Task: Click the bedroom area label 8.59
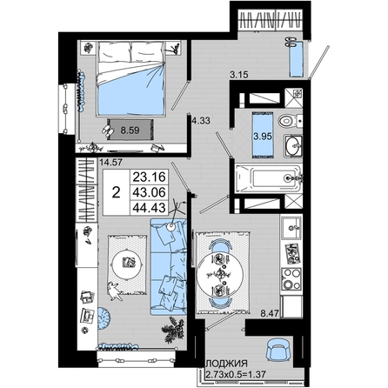[x=130, y=130]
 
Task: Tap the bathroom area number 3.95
[x=263, y=136]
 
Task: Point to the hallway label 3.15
[x=239, y=75]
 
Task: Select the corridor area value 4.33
[x=201, y=120]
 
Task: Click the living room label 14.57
[x=110, y=163]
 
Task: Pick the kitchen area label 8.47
[x=270, y=313]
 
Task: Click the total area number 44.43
[x=150, y=208]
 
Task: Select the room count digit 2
[x=116, y=192]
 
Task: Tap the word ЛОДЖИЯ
[x=226, y=364]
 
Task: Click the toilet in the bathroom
[x=291, y=120]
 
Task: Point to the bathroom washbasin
[x=293, y=146]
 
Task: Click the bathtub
[x=269, y=178]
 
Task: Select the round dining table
[x=219, y=273]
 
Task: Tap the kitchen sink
[x=291, y=228]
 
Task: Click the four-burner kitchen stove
[x=291, y=279]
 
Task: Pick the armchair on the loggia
[x=278, y=350]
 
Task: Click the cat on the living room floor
[x=115, y=291]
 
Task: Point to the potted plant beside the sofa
[x=173, y=330]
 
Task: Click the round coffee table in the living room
[x=127, y=263]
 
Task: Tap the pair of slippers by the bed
[x=107, y=130]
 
